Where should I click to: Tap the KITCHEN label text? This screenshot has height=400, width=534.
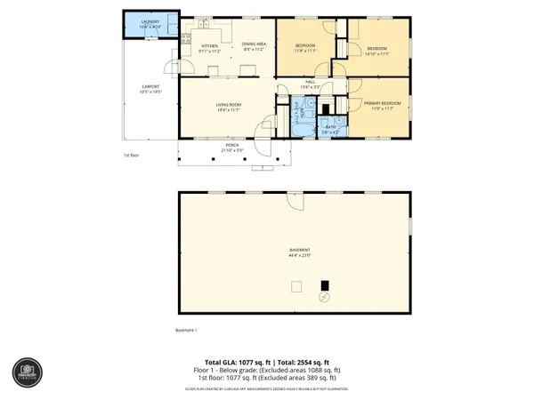pos(210,46)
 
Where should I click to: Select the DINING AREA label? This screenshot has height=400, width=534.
pos(253,46)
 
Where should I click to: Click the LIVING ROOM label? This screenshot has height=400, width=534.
pos(228,106)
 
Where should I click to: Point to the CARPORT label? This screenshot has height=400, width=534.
pos(150,87)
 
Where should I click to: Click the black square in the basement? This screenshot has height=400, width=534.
pos(325,285)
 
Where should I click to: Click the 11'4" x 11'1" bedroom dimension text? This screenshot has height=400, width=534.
pos(306,52)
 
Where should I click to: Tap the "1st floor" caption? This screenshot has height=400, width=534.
pos(132,154)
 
